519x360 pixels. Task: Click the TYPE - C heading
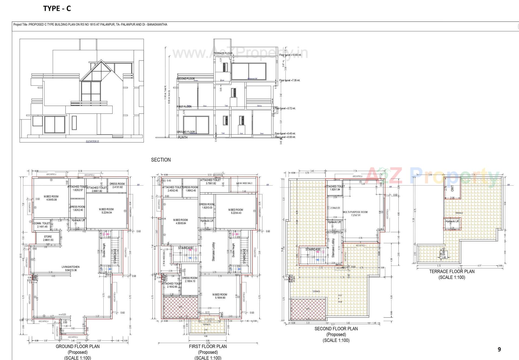coord(57,9)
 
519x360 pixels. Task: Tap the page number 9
coord(499,349)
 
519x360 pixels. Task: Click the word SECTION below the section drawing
coord(161,160)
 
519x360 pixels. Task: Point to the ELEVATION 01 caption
coord(92,141)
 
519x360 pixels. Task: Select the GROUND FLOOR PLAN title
coord(78,346)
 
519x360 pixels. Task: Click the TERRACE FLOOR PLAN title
coord(452,271)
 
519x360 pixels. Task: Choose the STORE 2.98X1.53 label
coord(48,238)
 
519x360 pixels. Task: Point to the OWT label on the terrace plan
coord(452,188)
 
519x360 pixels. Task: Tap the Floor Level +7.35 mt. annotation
coord(290,80)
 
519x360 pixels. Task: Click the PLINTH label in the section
coord(183,137)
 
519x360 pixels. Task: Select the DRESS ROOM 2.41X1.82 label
coord(117,185)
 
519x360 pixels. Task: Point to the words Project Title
coord(21,25)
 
